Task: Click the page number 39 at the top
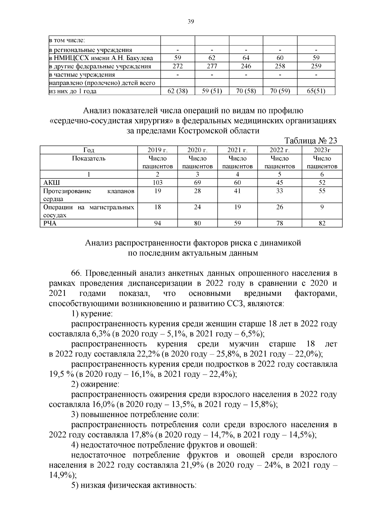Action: coord(191,21)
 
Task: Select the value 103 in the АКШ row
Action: coord(158,183)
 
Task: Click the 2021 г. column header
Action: coord(237,150)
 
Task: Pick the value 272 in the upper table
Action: coord(177,66)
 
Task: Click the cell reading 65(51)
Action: coord(316,91)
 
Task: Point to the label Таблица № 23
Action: coord(311,141)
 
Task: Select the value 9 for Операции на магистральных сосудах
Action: coord(322,207)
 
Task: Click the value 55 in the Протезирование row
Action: coord(322,191)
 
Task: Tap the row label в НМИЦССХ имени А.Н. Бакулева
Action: coord(101,58)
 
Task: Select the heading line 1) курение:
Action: coord(92,314)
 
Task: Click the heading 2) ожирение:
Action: coord(95,384)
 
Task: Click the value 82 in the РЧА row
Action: coord(322,223)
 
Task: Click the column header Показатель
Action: coord(89,158)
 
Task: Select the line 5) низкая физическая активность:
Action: coord(134,485)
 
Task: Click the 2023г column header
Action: coord(322,150)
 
